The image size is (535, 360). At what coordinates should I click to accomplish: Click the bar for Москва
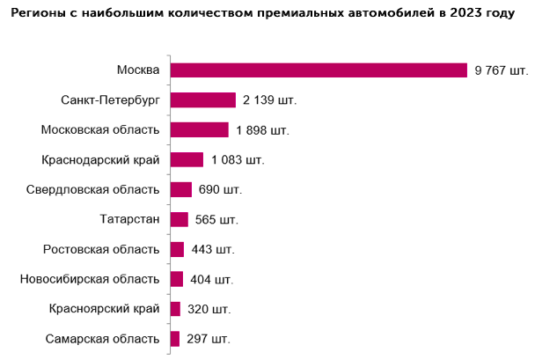click(318, 70)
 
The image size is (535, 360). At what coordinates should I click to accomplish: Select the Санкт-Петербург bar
click(202, 100)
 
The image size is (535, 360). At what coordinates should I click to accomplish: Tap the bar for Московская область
click(199, 130)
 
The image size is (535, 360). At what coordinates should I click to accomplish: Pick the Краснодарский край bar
click(187, 159)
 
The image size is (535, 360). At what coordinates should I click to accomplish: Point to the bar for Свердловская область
click(180, 189)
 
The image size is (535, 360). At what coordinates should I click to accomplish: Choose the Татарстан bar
click(179, 219)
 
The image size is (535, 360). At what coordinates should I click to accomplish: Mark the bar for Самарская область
click(174, 338)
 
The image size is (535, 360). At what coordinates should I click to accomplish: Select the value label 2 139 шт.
click(270, 100)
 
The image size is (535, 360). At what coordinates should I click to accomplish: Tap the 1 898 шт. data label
click(262, 130)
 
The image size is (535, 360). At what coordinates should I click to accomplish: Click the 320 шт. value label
click(209, 309)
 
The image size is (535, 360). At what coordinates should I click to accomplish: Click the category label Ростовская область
click(101, 249)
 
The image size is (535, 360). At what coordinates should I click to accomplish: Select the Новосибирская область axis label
click(90, 279)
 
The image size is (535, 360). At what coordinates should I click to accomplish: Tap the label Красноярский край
click(105, 309)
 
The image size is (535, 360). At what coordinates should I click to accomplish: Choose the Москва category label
click(138, 70)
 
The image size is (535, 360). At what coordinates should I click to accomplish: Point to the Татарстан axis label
click(131, 219)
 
